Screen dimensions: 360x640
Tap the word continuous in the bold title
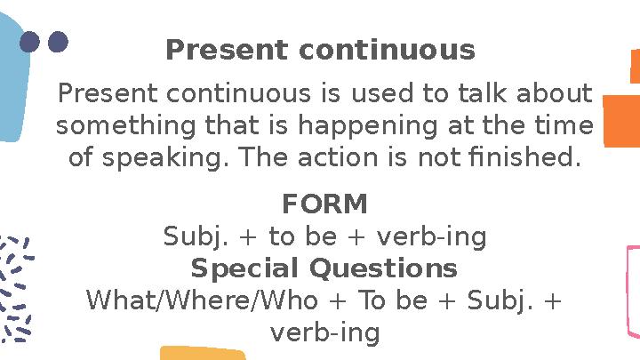tap(387, 51)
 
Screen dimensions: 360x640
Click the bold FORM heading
tap(324, 205)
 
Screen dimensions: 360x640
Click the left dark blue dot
tap(30, 42)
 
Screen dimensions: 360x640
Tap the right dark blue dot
tap(58, 42)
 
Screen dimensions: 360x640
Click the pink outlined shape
tap(632, 293)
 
